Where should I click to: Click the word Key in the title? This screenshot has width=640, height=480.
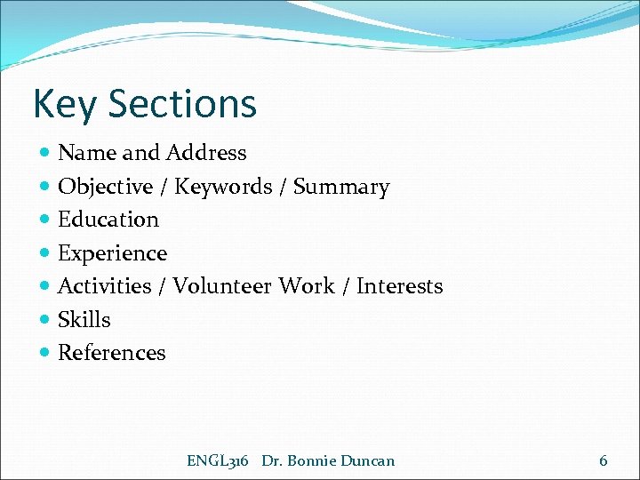coord(65,104)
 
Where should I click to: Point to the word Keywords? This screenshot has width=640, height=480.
coord(223,187)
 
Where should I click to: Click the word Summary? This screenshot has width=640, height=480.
coord(341,187)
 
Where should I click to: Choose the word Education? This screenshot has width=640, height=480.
coord(108,220)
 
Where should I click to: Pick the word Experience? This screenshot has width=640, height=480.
coord(112,253)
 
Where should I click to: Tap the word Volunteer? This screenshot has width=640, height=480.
coord(223,286)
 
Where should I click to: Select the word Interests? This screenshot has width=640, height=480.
coord(399,286)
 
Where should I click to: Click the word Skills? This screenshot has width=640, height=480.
coord(84,319)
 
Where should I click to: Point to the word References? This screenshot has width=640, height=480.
coord(112,353)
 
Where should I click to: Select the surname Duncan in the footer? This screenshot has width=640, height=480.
coord(369,460)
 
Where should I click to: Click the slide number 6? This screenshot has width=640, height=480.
coord(604,460)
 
